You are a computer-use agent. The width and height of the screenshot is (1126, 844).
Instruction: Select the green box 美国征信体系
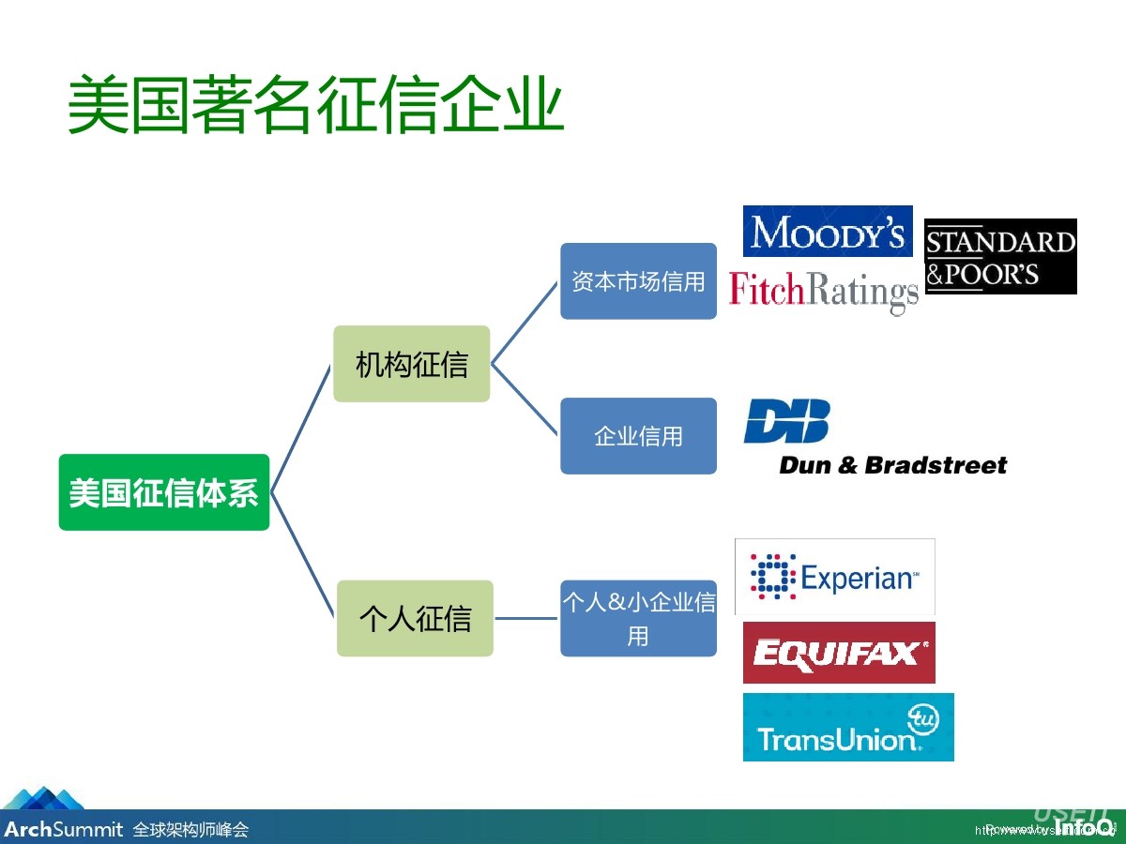[x=164, y=492]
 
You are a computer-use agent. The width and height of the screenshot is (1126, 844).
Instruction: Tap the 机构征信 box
[x=412, y=364]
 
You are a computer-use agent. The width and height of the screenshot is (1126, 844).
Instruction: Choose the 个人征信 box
[x=415, y=618]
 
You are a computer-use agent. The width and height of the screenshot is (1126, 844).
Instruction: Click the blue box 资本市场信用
[x=638, y=281]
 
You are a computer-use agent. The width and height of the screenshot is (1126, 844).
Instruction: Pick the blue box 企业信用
[x=638, y=436]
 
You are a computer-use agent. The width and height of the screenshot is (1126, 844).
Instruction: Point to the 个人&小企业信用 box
[x=638, y=618]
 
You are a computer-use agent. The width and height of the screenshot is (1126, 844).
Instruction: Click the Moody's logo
[x=828, y=231]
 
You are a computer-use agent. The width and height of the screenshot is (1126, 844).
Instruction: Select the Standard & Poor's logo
[x=1000, y=256]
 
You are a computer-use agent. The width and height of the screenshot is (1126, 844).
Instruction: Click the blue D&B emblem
[x=787, y=421]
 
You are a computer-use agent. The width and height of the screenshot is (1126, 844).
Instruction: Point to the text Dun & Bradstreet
[x=892, y=465]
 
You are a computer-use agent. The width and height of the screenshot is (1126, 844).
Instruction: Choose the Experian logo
[x=834, y=576]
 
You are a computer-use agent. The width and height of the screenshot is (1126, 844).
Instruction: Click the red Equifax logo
[x=839, y=653]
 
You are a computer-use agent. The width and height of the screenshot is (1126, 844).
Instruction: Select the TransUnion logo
[x=848, y=728]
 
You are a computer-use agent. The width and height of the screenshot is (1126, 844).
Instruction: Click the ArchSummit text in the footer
[x=63, y=829]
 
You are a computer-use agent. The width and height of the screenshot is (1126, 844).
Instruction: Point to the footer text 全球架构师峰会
[x=190, y=830]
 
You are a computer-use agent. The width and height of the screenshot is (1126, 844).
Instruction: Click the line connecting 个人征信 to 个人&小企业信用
[x=526, y=618]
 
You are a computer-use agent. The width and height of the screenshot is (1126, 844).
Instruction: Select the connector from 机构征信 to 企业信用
[x=525, y=399]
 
